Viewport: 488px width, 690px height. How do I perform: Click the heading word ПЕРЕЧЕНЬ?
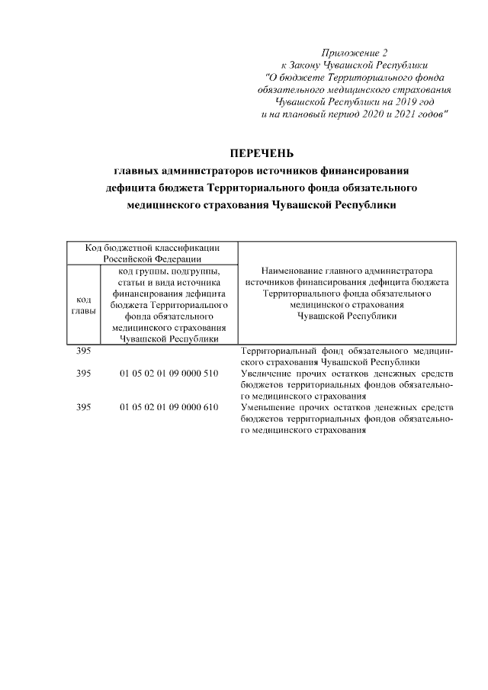click(262, 152)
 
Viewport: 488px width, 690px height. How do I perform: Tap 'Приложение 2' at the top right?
click(355, 53)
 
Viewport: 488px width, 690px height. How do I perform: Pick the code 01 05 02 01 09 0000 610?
click(169, 408)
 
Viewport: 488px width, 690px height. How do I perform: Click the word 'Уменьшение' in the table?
click(266, 408)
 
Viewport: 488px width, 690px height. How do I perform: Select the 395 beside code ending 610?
click(84, 408)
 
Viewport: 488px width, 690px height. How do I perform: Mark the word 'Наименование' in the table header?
click(291, 271)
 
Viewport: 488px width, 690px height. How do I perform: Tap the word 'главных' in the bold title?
click(138, 170)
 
